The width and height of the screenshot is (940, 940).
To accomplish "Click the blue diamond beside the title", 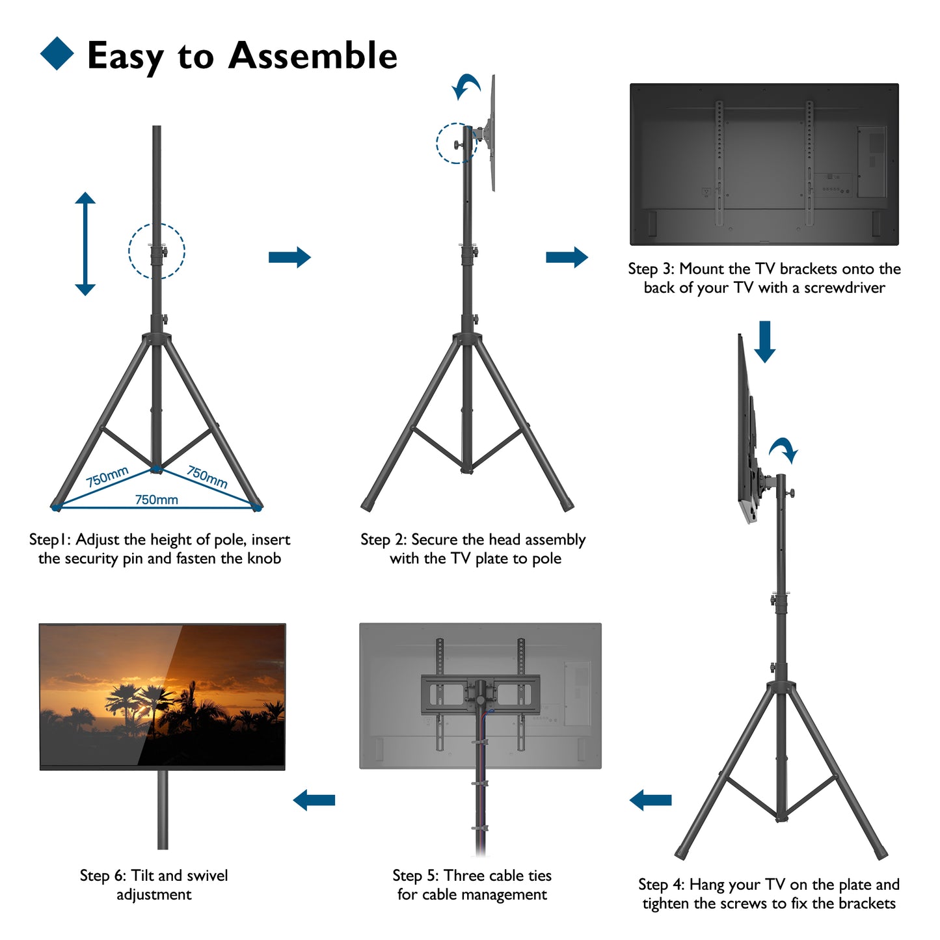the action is tap(57, 53).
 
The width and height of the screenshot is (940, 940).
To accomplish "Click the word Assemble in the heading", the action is tap(313, 55).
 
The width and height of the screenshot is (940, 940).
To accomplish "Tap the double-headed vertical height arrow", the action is tap(85, 243).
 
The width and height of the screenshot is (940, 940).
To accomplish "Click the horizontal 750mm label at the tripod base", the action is tap(156, 500).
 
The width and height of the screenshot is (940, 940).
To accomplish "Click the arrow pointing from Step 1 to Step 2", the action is tap(289, 257).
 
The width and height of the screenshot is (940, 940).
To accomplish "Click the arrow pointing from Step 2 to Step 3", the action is tap(567, 257).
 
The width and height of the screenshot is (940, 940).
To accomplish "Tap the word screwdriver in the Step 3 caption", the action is tap(844, 288).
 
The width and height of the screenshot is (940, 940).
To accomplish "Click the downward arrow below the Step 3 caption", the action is tap(764, 342).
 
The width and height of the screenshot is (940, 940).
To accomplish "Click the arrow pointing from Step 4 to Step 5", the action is tap(651, 800).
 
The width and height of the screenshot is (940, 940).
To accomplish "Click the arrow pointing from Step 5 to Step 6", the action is tap(314, 800).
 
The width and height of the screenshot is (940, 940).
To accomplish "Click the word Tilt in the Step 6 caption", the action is tap(142, 875).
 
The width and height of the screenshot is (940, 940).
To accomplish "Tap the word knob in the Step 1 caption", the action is tap(264, 558).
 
